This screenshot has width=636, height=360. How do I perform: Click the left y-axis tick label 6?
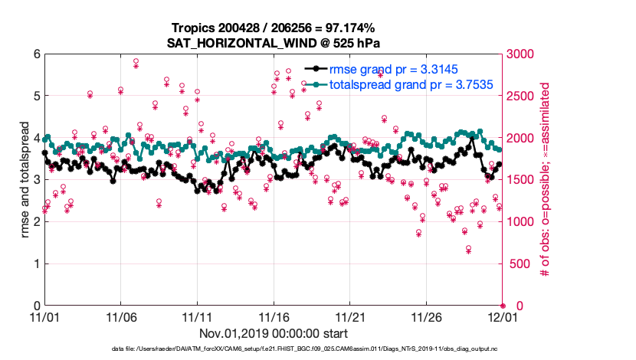(35, 54)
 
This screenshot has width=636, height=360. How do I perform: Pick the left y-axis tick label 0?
(35, 306)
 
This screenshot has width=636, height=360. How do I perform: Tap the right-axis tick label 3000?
(521, 54)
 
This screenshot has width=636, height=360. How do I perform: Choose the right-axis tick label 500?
(518, 263)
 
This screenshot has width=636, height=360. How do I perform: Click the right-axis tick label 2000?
(521, 138)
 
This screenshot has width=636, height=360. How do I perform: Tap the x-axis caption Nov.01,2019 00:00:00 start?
(274, 334)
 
